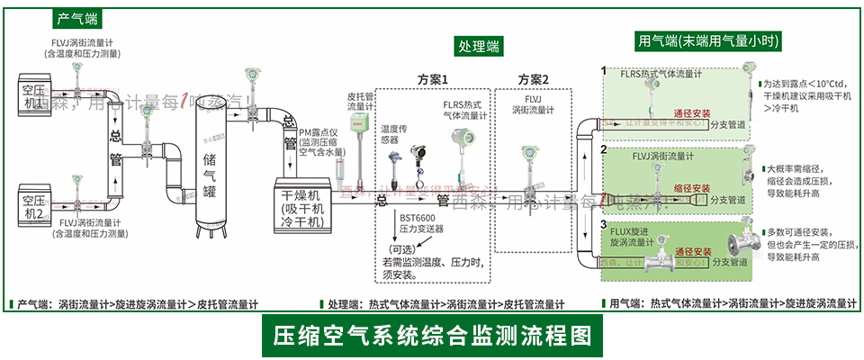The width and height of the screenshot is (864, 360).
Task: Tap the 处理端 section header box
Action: [479, 46]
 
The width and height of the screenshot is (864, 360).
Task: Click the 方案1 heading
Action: [432, 80]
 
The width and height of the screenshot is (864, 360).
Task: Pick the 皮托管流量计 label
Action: [359, 101]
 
